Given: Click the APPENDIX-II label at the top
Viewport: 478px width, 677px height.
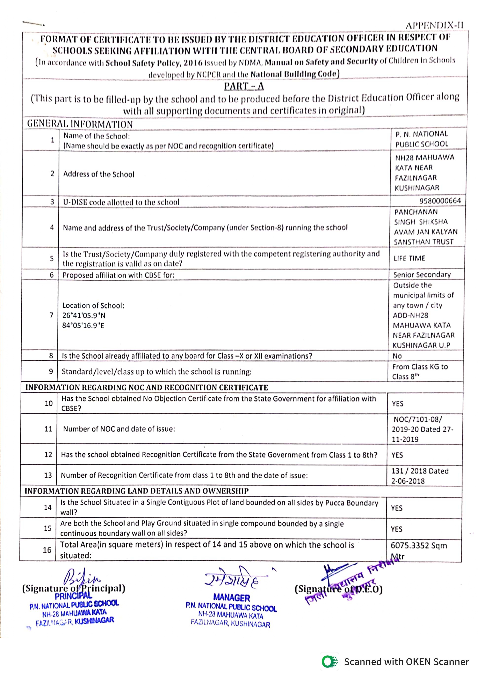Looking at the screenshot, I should tap(434, 26).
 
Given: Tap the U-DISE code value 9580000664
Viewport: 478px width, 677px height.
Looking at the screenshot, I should tap(440, 201).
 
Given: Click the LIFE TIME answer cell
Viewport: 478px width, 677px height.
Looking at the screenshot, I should tap(409, 258).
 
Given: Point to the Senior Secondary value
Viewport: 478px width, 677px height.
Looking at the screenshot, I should tap(422, 275).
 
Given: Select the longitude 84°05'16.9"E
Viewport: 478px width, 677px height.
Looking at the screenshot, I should tap(83, 325).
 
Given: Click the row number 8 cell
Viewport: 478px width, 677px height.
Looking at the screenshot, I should tap(51, 356).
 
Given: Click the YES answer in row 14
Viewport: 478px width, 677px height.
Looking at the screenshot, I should tap(396, 508).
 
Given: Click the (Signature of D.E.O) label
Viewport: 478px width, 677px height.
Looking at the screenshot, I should tap(338, 589).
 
